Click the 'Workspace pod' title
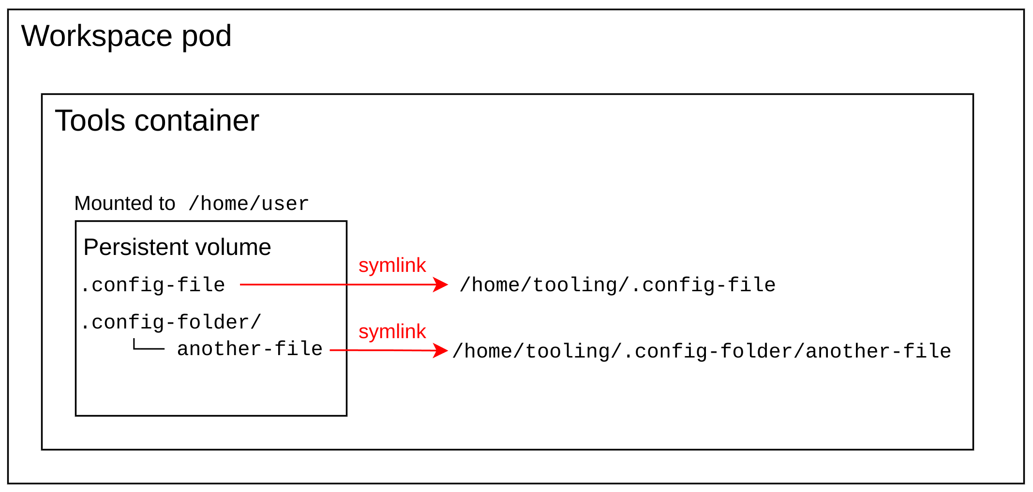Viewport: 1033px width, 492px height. coord(126,36)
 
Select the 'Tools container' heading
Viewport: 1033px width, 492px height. coord(157,120)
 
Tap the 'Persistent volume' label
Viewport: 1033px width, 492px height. coord(177,247)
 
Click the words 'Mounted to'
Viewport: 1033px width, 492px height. coord(124,204)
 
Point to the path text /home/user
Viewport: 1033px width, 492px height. coord(248,204)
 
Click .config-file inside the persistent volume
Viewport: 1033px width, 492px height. coord(153,285)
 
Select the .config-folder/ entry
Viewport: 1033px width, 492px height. coord(171,322)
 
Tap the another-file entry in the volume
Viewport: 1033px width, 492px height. coord(250,349)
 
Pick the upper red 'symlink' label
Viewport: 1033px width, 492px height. coord(392,265)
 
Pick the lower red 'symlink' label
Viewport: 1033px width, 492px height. coord(392,332)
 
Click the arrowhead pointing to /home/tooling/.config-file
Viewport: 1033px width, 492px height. coord(440,284)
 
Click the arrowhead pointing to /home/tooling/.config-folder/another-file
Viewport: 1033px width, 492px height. coord(440,351)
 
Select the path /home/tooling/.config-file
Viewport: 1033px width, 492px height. coord(617,285)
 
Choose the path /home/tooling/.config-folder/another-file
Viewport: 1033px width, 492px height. coord(702,351)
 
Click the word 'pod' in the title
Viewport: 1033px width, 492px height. coord(207,37)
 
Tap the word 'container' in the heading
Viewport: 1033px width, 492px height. coord(197,120)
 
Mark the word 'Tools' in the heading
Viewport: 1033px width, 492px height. coord(90,120)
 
